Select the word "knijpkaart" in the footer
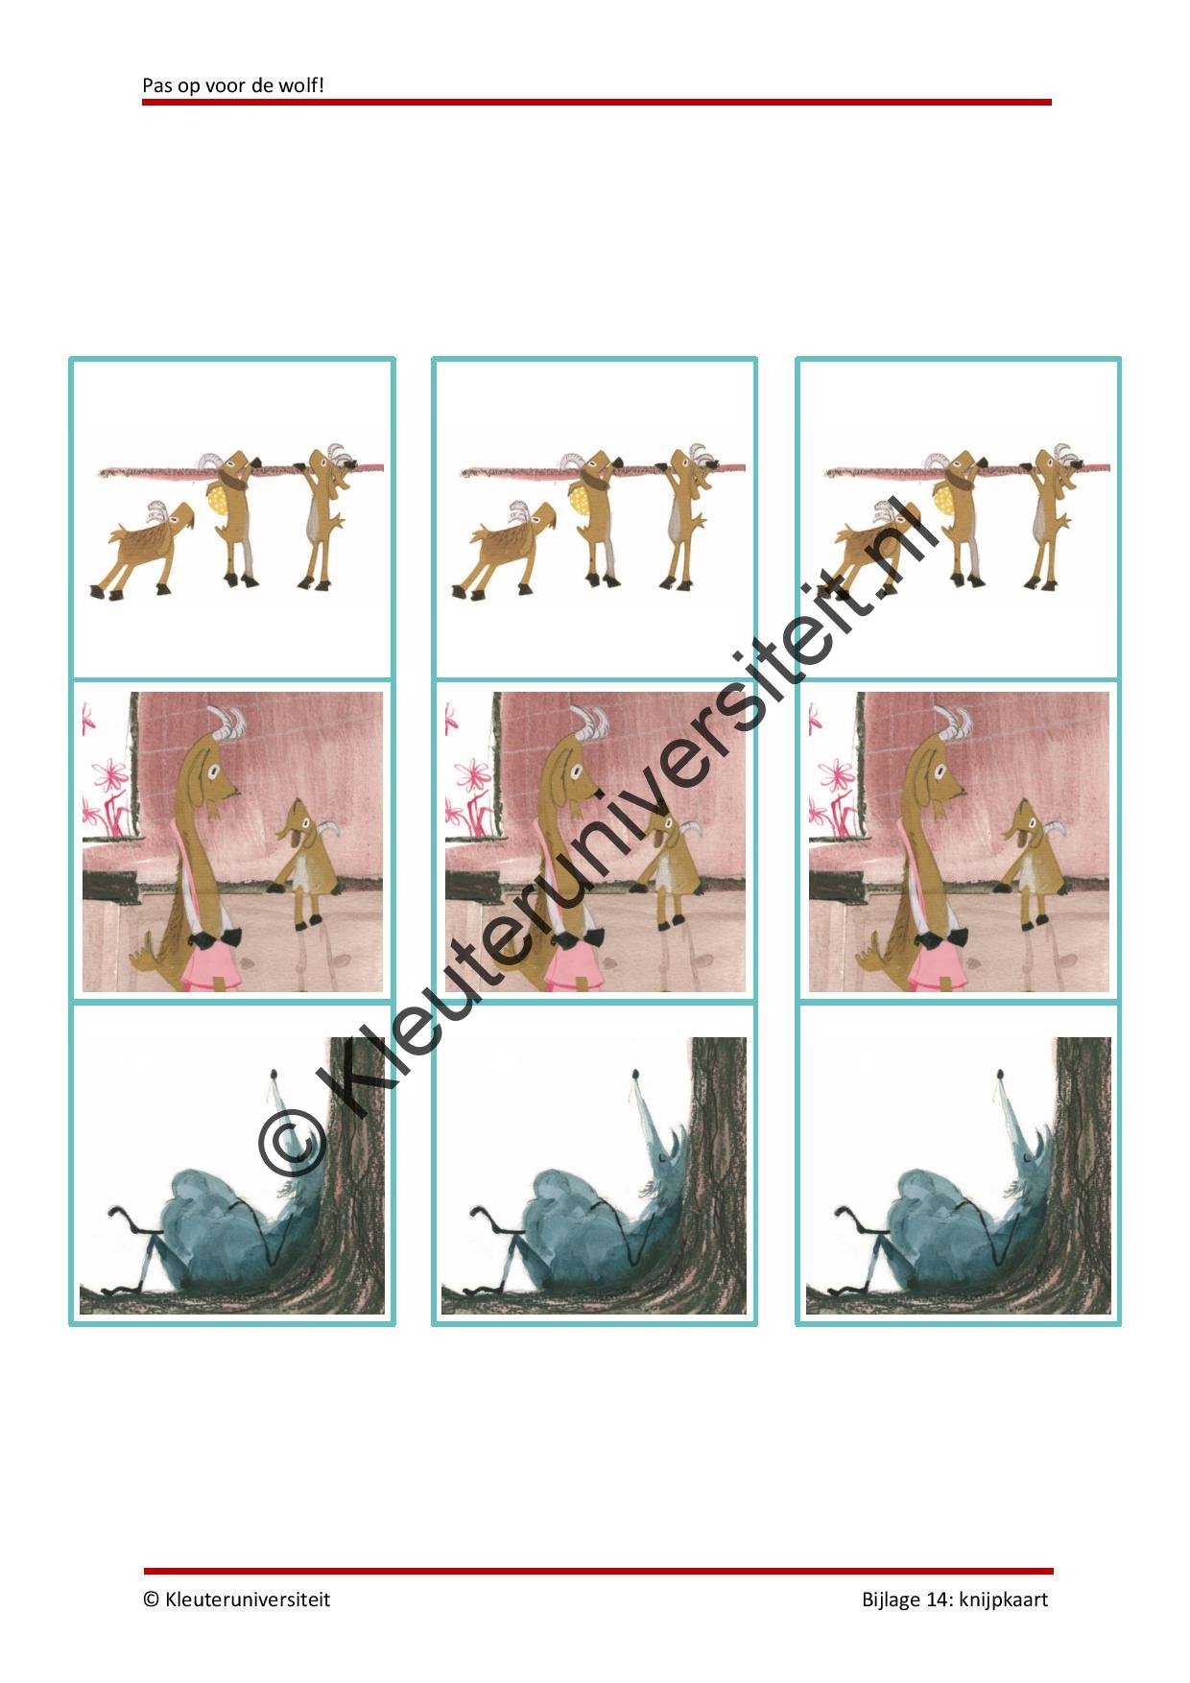1003,1600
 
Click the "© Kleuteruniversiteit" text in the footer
236,1600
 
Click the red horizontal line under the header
597,102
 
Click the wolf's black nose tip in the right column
1002,1072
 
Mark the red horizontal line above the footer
598,1572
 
